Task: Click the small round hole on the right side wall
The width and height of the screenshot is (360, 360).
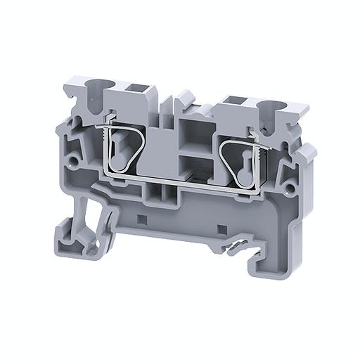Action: coord(288,188)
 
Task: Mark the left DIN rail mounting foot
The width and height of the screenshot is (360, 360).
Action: coord(77,232)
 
